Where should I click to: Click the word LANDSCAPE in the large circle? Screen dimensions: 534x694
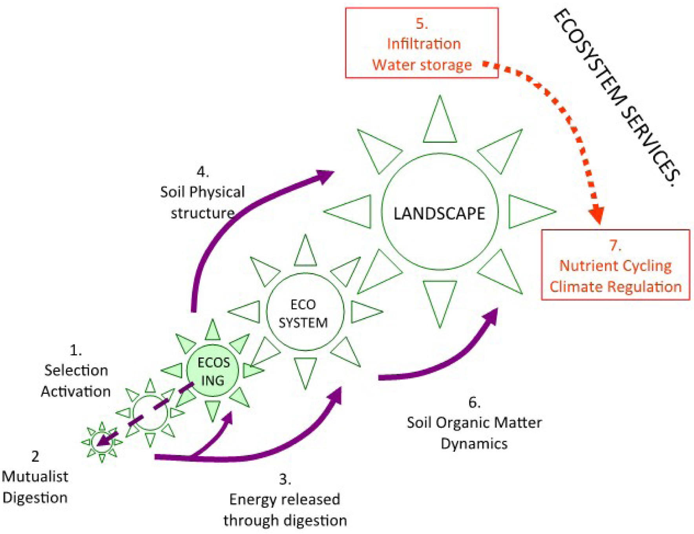pyautogui.click(x=439, y=214)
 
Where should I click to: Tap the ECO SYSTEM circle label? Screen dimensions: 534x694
pyautogui.click(x=303, y=313)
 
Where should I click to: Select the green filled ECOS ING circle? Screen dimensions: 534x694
pyautogui.click(x=213, y=371)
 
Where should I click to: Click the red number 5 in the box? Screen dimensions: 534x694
pyautogui.click(x=422, y=24)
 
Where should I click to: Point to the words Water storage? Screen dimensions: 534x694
pyautogui.click(x=422, y=65)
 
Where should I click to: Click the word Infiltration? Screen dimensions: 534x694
pyautogui.click(x=424, y=44)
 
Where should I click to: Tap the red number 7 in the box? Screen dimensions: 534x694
pyautogui.click(x=615, y=245)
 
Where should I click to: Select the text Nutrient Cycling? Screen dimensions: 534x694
pyautogui.click(x=615, y=266)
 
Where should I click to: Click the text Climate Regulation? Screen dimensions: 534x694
pyautogui.click(x=615, y=287)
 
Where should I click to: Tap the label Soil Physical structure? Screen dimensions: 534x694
pyautogui.click(x=203, y=202)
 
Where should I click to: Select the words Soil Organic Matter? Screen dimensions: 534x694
pyautogui.click(x=474, y=422)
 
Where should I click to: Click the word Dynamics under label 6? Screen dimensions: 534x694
pyautogui.click(x=474, y=444)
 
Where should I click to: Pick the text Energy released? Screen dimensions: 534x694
pyautogui.click(x=285, y=499)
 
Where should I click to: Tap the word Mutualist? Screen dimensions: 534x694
pyautogui.click(x=35, y=477)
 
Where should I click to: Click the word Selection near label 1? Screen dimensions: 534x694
pyautogui.click(x=76, y=370)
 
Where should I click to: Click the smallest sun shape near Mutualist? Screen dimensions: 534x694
pyautogui.click(x=102, y=443)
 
